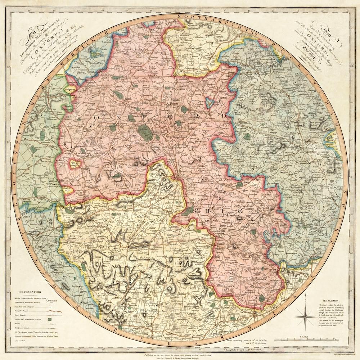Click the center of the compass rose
click(x=305, y=317)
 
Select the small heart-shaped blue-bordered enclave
click(x=209, y=102)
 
